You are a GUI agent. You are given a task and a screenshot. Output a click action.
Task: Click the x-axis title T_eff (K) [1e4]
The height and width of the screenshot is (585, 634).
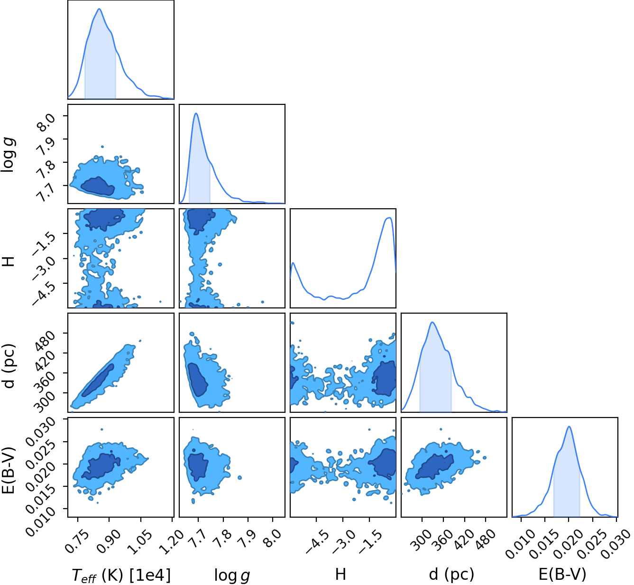click(121, 575)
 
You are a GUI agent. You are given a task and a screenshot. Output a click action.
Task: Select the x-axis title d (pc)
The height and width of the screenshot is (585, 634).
click(451, 574)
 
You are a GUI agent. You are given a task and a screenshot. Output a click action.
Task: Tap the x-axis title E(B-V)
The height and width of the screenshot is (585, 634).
click(562, 574)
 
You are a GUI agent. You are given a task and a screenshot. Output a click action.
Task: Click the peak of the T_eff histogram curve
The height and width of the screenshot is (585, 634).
click(99, 9)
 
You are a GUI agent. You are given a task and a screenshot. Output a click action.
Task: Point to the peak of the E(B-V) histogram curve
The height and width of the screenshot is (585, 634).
click(569, 426)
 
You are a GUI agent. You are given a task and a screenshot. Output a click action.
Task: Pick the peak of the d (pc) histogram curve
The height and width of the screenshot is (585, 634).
click(432, 322)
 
